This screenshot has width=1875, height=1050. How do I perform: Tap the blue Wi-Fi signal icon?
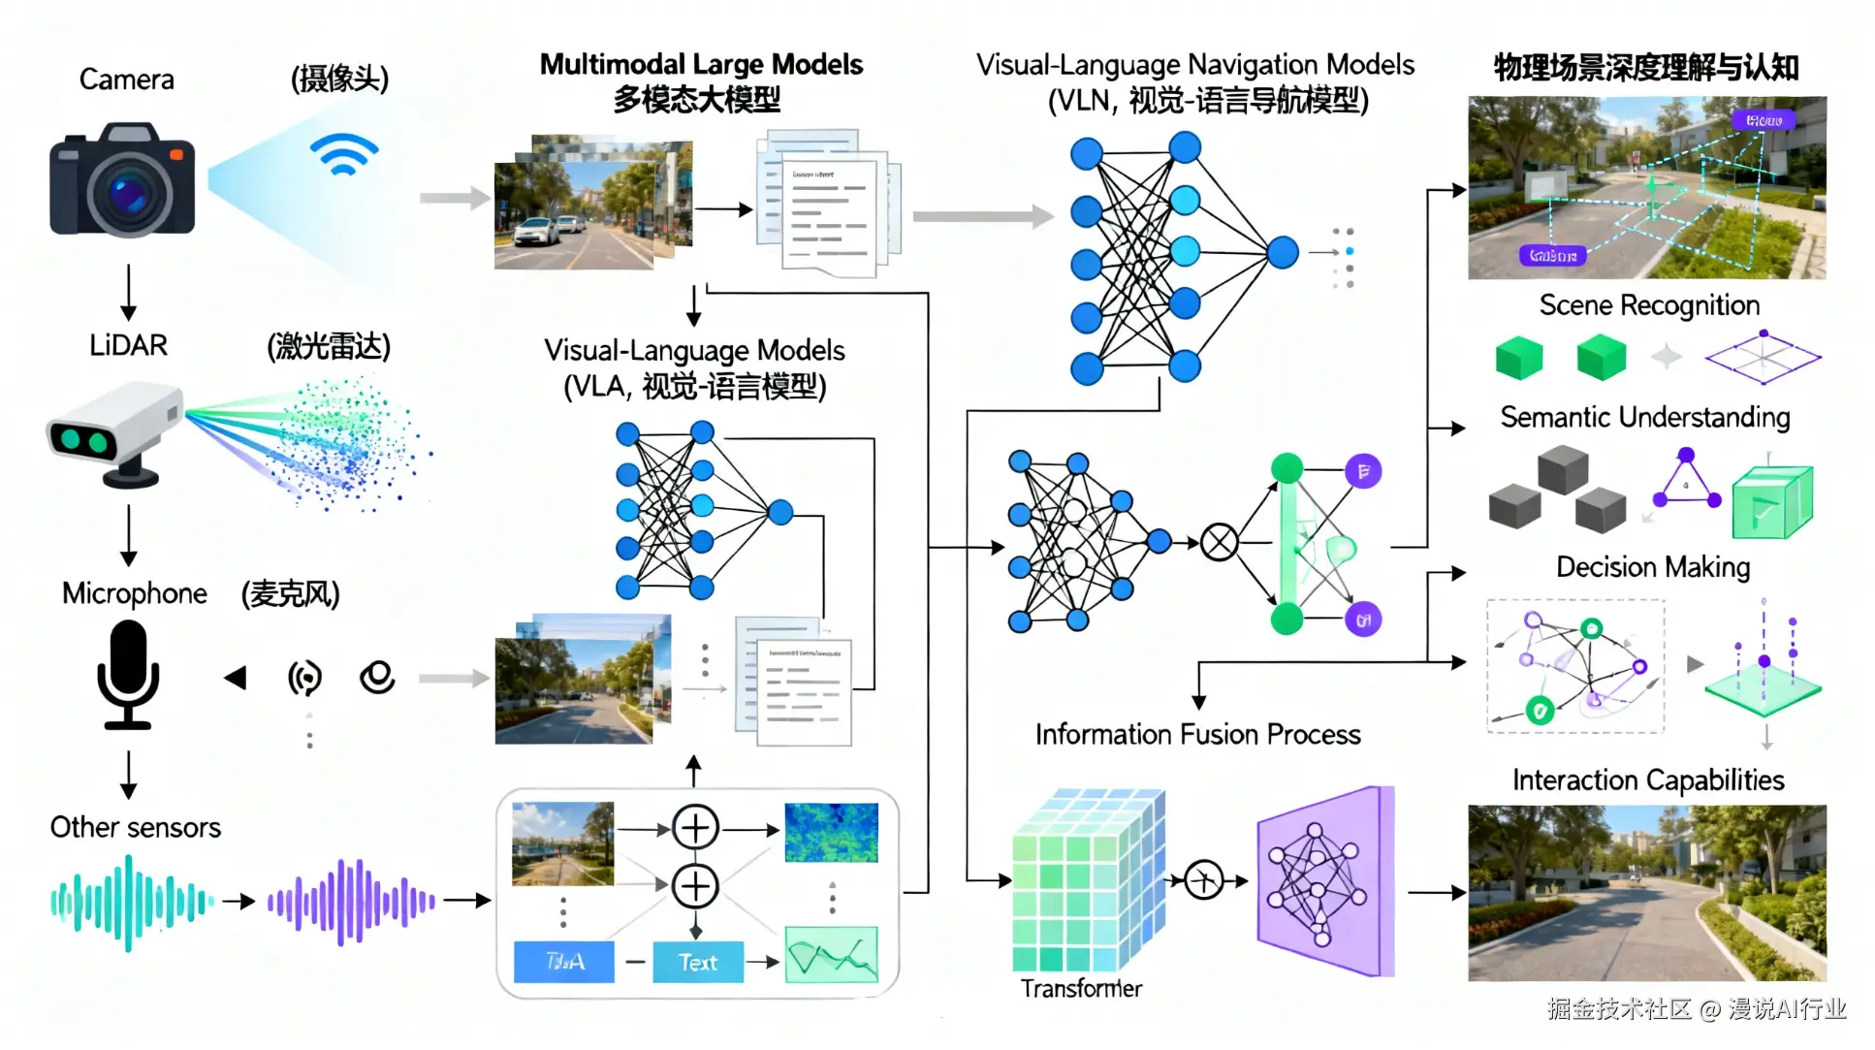coord(343,155)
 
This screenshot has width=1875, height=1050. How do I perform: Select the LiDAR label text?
coord(128,345)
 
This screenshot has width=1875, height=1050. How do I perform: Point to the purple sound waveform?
coord(351,902)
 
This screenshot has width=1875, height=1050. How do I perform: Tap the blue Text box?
coord(697,962)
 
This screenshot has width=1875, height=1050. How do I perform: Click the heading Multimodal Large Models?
coord(701,65)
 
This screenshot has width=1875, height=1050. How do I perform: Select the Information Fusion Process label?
coord(1197,735)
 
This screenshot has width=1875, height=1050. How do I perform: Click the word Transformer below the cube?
coord(1081,989)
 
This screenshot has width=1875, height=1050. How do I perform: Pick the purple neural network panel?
coord(1322,881)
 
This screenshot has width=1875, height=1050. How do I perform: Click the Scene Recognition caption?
coord(1649,305)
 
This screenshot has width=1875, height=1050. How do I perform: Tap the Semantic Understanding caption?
coord(1644,418)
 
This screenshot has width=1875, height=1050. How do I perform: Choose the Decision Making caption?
coord(1653,567)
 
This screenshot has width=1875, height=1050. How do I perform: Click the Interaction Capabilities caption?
coord(1648,780)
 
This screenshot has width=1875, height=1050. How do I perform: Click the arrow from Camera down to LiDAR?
coord(128,291)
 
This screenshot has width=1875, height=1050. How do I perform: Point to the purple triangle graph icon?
coord(1687,482)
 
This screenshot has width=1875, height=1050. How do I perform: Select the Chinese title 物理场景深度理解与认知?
coord(1646,68)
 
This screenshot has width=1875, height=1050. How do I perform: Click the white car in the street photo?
coord(536,233)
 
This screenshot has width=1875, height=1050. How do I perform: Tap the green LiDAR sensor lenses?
coord(83,441)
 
